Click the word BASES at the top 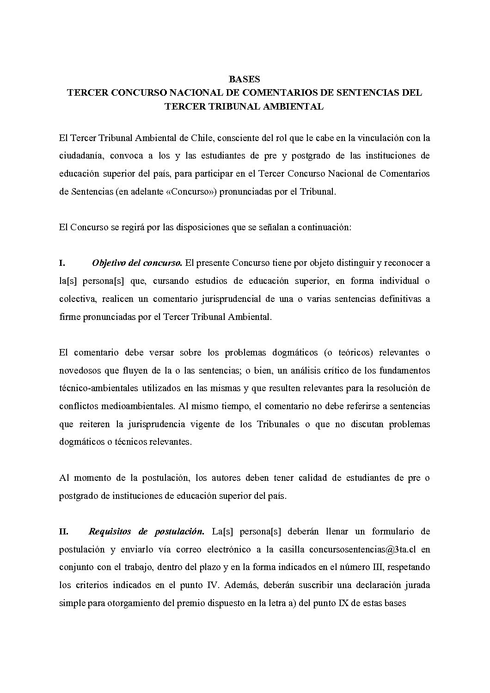coord(245,79)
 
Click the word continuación coord(324,227)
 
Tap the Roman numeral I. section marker coord(62,263)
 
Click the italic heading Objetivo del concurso coord(136,263)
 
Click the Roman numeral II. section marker coord(64,532)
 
